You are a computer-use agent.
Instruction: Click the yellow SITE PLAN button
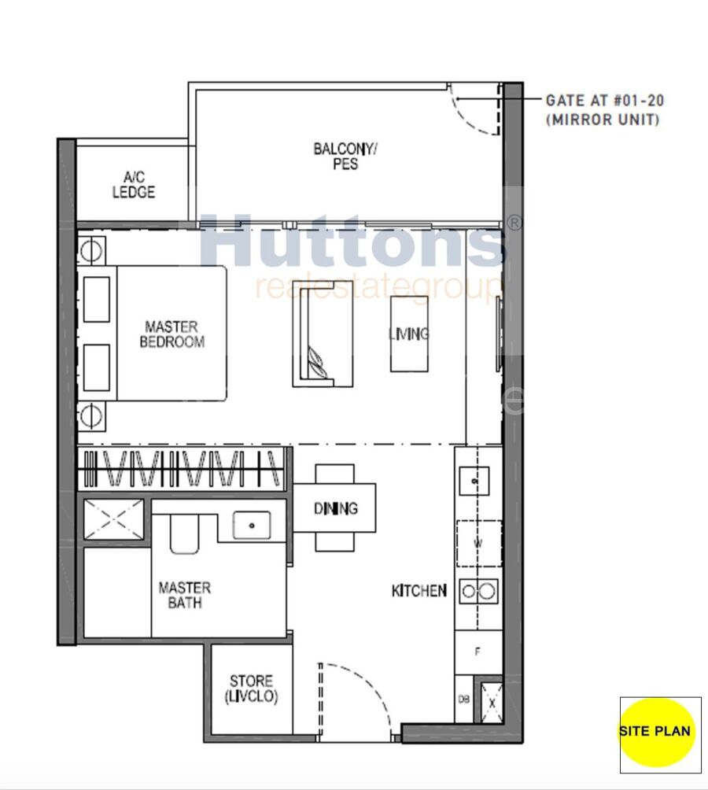(x=657, y=732)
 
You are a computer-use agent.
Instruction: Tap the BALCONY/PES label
(x=345, y=156)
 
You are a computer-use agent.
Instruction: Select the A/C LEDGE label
(x=134, y=185)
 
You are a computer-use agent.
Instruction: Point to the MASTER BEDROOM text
(x=171, y=334)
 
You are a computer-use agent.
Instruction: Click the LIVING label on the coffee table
(x=409, y=334)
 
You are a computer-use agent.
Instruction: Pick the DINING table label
(x=335, y=508)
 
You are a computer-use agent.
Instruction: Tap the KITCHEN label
(x=419, y=590)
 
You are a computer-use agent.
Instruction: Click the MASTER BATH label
(x=185, y=595)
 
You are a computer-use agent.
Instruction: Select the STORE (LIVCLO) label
(x=251, y=688)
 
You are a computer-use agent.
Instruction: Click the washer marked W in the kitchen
(x=478, y=543)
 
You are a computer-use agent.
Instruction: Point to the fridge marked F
(x=478, y=652)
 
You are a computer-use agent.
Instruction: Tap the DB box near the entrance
(x=464, y=700)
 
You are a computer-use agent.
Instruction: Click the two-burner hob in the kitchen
(x=478, y=590)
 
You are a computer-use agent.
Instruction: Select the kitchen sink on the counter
(x=474, y=481)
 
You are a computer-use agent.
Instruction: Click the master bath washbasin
(x=251, y=526)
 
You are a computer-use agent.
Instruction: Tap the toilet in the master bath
(x=185, y=534)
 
